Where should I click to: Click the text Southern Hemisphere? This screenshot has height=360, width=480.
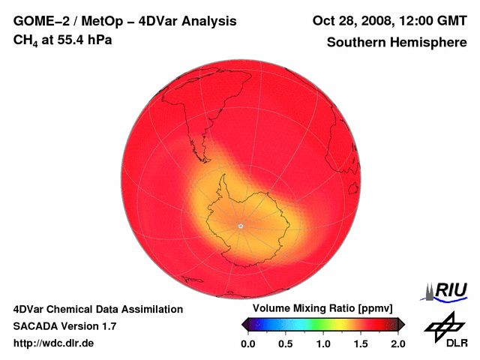[397, 42]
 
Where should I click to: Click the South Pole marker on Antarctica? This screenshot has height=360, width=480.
[240, 226]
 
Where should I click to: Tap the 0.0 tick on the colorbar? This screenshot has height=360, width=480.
[248, 343]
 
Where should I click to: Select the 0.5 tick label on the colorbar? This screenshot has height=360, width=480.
[286, 343]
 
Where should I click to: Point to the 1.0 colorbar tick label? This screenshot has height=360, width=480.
[323, 343]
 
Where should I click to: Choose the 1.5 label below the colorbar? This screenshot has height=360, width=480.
[361, 343]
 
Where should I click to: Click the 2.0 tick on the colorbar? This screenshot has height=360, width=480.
[397, 343]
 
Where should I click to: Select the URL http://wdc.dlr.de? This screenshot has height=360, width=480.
[54, 343]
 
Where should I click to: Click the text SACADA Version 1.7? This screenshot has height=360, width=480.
[64, 326]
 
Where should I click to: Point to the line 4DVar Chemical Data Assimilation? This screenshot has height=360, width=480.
[97, 309]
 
